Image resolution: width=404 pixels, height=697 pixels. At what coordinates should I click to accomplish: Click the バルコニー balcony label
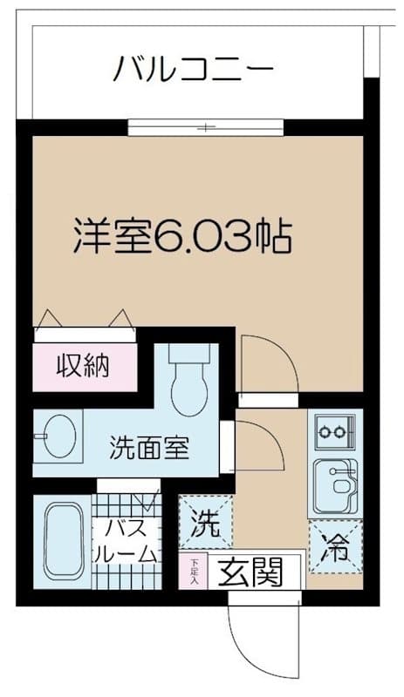[195, 67]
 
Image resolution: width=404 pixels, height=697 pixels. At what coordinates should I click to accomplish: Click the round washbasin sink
[59, 434]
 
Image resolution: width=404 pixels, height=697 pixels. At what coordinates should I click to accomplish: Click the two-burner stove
[333, 430]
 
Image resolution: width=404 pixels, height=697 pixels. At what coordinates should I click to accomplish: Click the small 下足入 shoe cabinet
[193, 571]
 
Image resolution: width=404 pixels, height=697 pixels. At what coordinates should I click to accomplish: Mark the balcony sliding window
[206, 128]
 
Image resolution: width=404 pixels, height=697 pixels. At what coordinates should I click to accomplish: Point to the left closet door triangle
[51, 320]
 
